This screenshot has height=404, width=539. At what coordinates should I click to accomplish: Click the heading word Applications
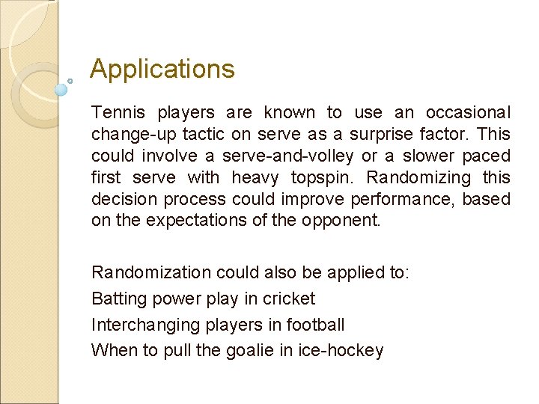(x=162, y=70)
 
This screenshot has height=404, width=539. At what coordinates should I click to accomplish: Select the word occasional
(x=468, y=113)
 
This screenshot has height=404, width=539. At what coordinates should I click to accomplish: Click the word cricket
(x=288, y=299)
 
